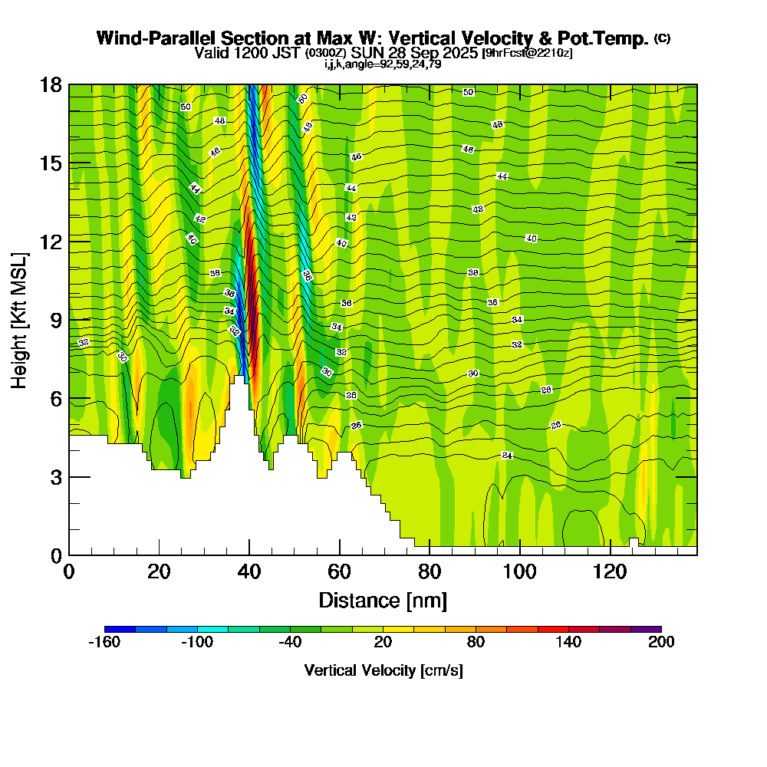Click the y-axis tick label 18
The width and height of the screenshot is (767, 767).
(51, 84)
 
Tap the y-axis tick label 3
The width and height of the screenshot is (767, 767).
(55, 477)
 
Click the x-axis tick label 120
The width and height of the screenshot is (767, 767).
(610, 571)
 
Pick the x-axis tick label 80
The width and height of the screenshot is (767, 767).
(430, 571)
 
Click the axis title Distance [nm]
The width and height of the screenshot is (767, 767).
(383, 599)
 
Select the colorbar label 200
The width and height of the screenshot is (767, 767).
(660, 643)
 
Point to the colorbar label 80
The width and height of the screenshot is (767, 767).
(476, 643)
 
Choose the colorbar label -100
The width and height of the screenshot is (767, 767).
(197, 643)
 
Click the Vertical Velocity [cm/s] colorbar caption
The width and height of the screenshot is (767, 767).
(383, 670)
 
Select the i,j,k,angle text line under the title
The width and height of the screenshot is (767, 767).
(383, 64)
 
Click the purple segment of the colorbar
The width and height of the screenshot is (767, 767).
(646, 629)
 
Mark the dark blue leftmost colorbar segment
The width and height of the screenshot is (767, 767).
(120, 629)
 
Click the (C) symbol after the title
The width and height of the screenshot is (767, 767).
(662, 38)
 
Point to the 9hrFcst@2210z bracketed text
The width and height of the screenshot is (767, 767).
(527, 53)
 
